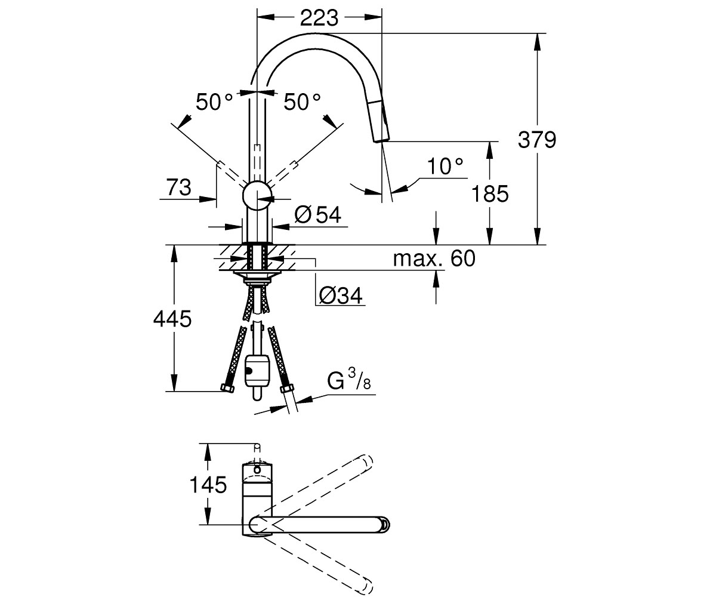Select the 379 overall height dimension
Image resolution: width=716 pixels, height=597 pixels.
point(536,140)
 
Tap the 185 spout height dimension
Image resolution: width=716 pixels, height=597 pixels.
point(490,193)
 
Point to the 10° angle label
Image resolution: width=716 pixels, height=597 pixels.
point(446,166)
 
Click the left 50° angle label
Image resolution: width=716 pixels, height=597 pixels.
point(214,101)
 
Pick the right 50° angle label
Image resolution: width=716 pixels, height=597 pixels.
point(302,101)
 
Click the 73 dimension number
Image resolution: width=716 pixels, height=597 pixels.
point(178,187)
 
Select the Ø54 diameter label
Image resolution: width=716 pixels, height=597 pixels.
point(318,215)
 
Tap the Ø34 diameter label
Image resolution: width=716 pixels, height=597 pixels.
point(340,296)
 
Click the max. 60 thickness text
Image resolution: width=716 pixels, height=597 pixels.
point(434,259)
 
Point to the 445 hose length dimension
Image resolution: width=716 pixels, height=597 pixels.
point(172,319)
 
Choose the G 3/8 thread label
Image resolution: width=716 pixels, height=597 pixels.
point(349,380)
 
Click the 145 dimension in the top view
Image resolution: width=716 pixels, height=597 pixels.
point(208,485)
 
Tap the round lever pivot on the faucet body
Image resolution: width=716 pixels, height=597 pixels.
point(257,196)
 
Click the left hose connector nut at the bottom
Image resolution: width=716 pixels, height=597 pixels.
point(227,389)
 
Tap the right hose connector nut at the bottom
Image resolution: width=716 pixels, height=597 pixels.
point(288,389)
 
